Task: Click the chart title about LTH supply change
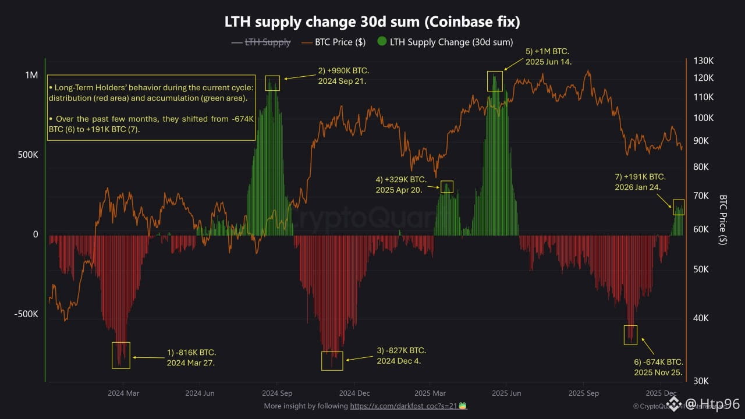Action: pos(372,22)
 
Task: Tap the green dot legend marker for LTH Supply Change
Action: pos(382,42)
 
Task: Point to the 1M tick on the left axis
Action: pos(31,76)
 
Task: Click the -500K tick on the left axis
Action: pos(26,314)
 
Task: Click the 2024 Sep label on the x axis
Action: pos(277,393)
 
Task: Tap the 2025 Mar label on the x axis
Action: pos(430,393)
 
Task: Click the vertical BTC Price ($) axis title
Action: pos(723,220)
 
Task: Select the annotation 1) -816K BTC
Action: pos(191,357)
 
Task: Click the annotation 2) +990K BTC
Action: pos(343,76)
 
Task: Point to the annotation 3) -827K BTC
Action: pos(401,356)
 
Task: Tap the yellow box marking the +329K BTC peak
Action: pos(446,187)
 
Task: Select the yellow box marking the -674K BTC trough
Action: pos(630,335)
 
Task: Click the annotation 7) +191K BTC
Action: pos(640,182)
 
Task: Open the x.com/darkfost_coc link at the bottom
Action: pos(403,406)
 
